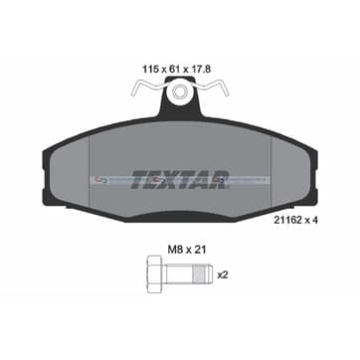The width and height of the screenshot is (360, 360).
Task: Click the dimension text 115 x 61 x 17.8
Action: pyautogui.click(x=177, y=70)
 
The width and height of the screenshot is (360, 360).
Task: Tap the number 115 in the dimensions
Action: pyautogui.click(x=149, y=70)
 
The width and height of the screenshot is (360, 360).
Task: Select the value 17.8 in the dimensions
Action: pyautogui.click(x=201, y=70)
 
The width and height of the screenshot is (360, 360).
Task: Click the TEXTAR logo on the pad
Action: pyautogui.click(x=180, y=180)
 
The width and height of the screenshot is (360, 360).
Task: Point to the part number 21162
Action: pyautogui.click(x=285, y=221)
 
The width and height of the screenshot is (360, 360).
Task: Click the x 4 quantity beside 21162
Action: pyautogui.click(x=310, y=221)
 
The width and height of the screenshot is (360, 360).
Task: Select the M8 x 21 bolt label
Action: pyautogui.click(x=187, y=250)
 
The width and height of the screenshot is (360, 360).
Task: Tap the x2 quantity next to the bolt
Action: pyautogui.click(x=223, y=274)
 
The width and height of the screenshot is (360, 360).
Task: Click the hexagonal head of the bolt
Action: pyautogui.click(x=155, y=274)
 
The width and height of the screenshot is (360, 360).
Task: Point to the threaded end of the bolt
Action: pyautogui.click(x=202, y=274)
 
